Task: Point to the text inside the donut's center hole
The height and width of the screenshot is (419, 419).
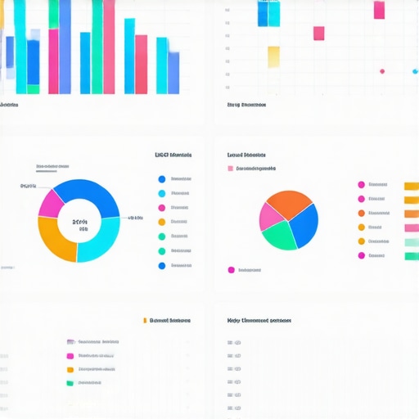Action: click(79, 223)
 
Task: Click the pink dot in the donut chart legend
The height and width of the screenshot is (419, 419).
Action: click(161, 208)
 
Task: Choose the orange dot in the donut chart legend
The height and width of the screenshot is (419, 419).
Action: click(161, 222)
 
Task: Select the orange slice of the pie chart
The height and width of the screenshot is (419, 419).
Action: click(286, 202)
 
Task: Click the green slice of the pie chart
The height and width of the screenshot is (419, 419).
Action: click(278, 237)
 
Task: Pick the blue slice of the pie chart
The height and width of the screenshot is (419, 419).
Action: click(304, 226)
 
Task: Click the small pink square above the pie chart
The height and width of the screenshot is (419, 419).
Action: click(230, 169)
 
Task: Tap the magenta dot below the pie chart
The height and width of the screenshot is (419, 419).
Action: click(232, 269)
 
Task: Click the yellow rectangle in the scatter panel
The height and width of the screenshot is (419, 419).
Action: click(273, 56)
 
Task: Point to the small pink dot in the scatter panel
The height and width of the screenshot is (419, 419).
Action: click(381, 71)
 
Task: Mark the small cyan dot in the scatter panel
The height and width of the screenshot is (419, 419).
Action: click(405, 71)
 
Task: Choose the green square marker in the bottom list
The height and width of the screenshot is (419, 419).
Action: click(70, 382)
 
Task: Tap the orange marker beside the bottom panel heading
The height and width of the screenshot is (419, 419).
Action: click(144, 321)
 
